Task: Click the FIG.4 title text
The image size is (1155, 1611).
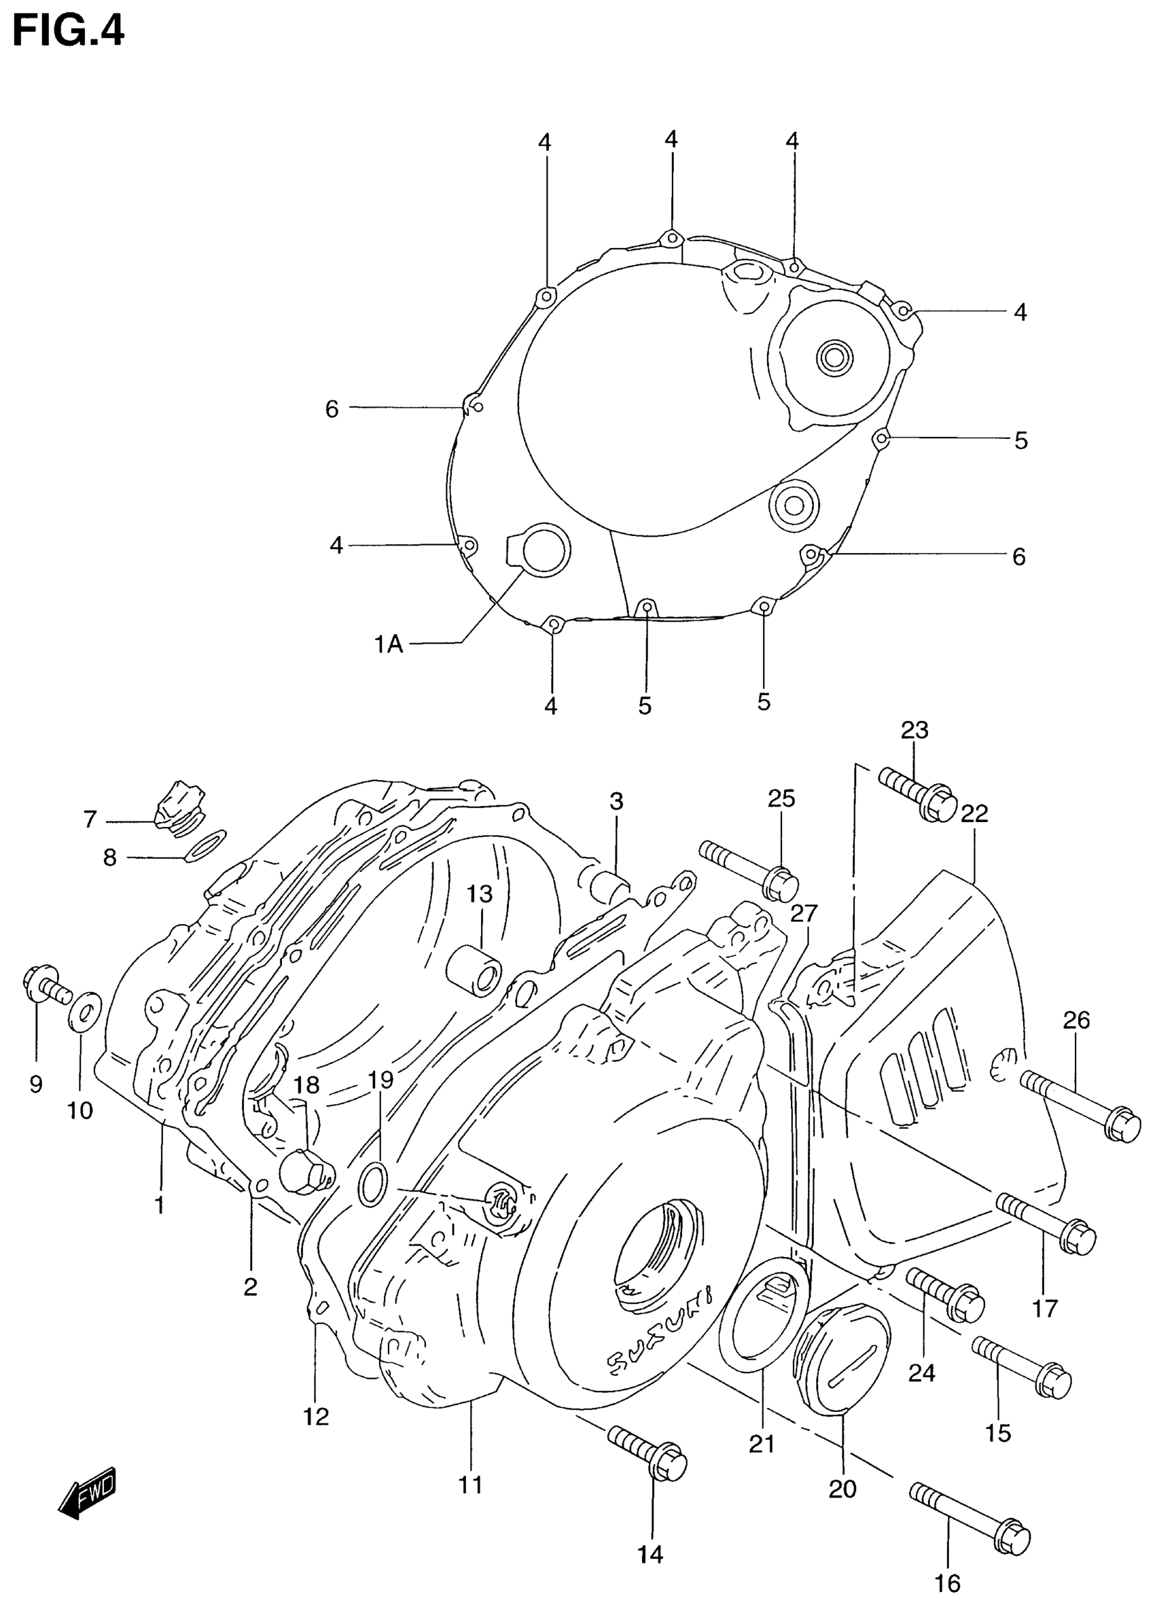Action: coord(68,32)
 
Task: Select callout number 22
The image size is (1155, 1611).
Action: coord(974,814)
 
